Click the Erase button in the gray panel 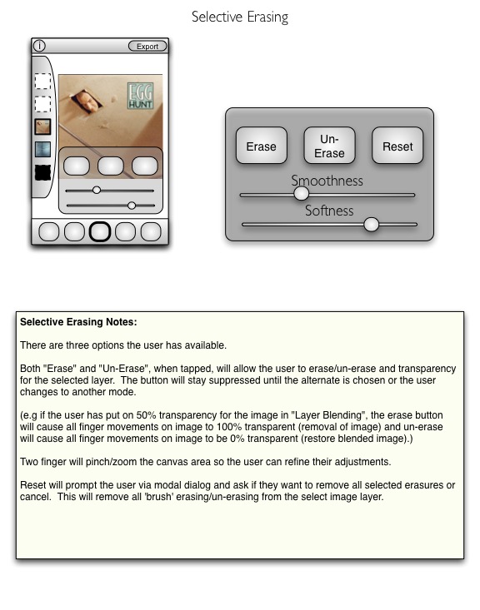(x=262, y=146)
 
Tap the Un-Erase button (x=330, y=146)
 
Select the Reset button (x=397, y=146)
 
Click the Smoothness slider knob (x=301, y=194)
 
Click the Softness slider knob (x=372, y=225)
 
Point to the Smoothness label (x=327, y=181)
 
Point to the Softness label (x=329, y=211)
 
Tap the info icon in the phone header (x=39, y=46)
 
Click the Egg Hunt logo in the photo (x=140, y=96)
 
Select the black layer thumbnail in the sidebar (x=42, y=173)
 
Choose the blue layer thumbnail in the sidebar (x=42, y=150)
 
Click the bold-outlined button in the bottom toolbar (x=100, y=232)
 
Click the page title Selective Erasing (x=240, y=17)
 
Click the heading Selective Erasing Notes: (x=78, y=322)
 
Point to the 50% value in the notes (x=146, y=415)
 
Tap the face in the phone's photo (x=87, y=101)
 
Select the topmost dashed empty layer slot (x=42, y=82)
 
